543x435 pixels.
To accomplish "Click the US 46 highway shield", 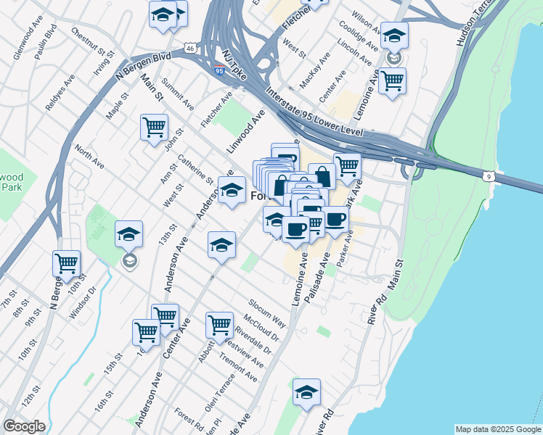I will pos(189,48).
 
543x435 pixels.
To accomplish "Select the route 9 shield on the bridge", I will pos(489,175).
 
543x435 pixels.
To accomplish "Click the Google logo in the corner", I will pos(24,426).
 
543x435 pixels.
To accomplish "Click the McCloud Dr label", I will pos(263,328).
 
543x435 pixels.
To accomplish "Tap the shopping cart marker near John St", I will pos(155,128).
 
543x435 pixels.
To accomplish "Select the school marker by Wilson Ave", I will pos(394,34).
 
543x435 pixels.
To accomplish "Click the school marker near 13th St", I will pos(128,233).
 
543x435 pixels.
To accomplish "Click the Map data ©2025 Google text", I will pos(498,429).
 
